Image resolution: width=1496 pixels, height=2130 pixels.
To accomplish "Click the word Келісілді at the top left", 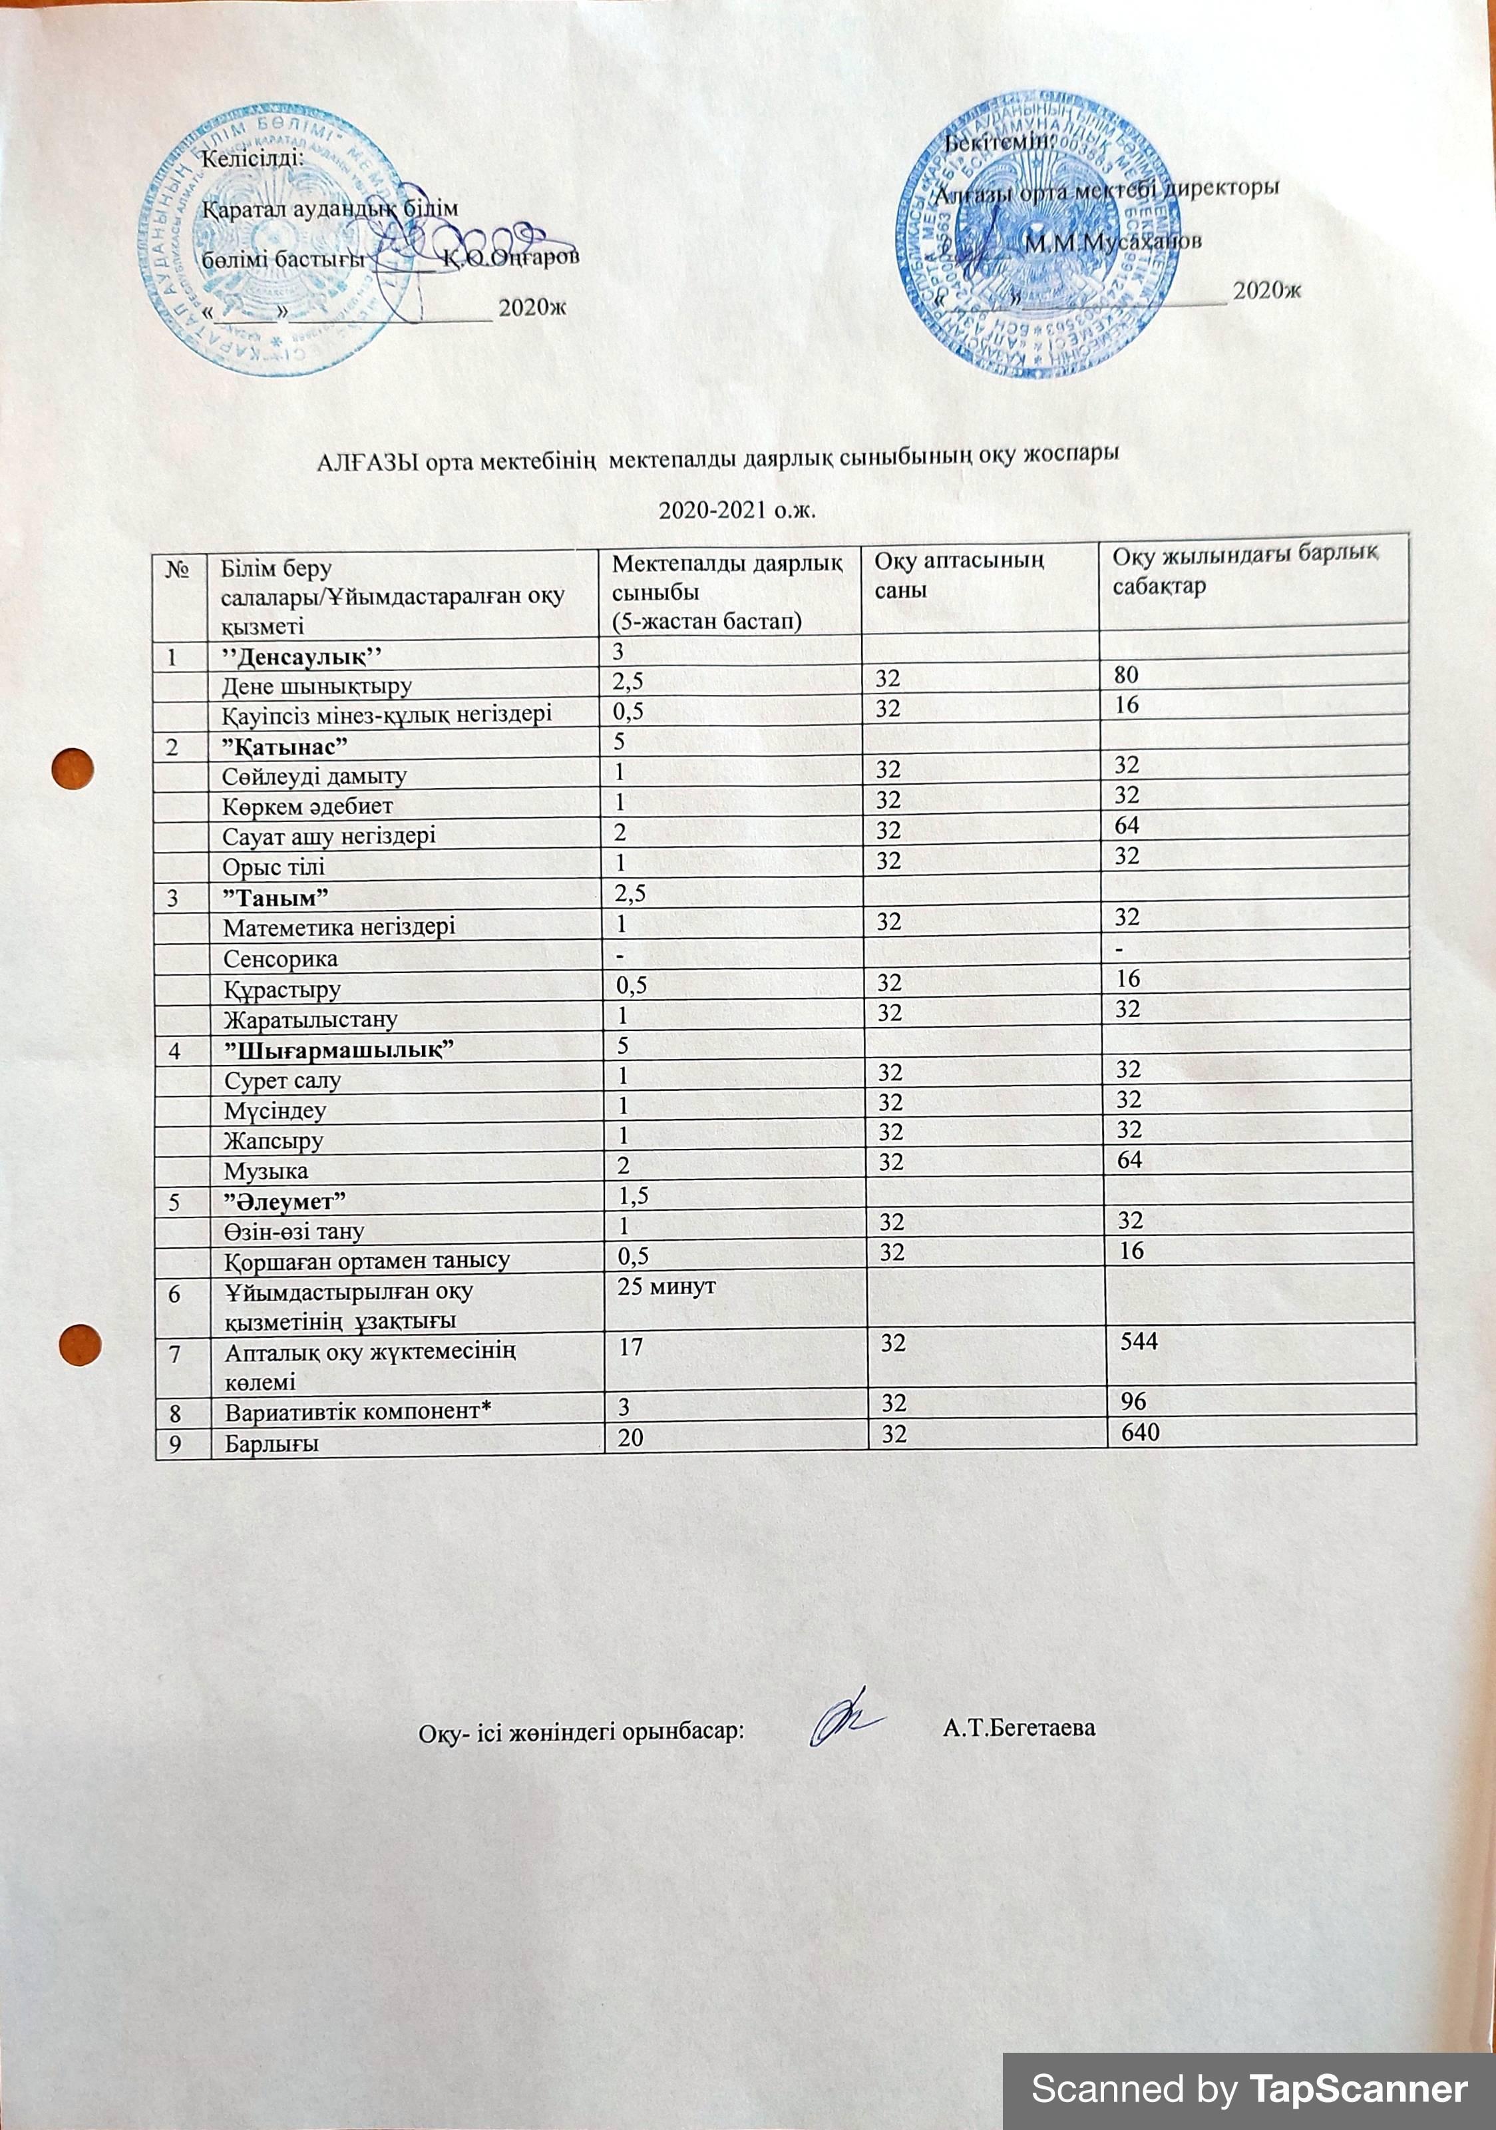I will [x=252, y=158].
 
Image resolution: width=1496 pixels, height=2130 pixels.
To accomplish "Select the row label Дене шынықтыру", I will [x=316, y=686].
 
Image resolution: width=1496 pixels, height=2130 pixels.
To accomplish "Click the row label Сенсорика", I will [x=280, y=958].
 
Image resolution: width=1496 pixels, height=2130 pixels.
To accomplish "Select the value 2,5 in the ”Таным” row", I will [x=630, y=893].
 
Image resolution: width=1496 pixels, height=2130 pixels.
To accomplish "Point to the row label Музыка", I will [x=266, y=1171].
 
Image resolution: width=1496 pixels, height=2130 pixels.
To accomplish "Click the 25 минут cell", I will [x=666, y=1287].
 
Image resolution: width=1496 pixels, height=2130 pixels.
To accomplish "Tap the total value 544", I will [x=1138, y=1341].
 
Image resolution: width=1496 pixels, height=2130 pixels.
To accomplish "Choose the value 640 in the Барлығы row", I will [x=1140, y=1432].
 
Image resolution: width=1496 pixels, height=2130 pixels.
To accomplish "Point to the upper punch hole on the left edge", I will [x=73, y=769].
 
